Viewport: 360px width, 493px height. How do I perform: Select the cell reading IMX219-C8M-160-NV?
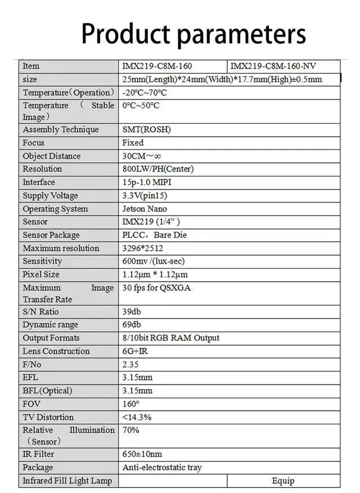pyautogui.click(x=273, y=66)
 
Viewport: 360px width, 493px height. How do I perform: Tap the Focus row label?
pyautogui.click(x=33, y=143)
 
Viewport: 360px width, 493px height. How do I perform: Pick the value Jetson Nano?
pyautogui.click(x=145, y=209)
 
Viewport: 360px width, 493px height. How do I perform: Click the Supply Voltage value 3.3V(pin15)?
pyautogui.click(x=145, y=196)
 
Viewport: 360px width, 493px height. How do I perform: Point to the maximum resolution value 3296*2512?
pyautogui.click(x=143, y=248)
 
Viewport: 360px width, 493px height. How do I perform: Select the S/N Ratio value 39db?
pyautogui.click(x=132, y=311)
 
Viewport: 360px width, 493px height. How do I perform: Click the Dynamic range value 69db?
pyautogui.click(x=132, y=324)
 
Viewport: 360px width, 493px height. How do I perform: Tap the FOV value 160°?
pyautogui.click(x=130, y=404)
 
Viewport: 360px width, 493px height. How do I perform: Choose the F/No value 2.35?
pyautogui.click(x=130, y=364)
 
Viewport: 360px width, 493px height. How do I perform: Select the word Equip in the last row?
pyautogui.click(x=283, y=481)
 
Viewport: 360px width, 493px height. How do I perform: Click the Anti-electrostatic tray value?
pyautogui.click(x=162, y=467)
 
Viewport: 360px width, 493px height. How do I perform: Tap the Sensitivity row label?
pyautogui.click(x=42, y=261)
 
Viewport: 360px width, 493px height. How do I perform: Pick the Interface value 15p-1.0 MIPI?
pyautogui.click(x=150, y=182)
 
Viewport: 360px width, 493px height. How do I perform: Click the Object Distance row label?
pyautogui.click(x=51, y=156)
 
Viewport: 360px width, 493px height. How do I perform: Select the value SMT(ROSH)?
pyautogui.click(x=146, y=129)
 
